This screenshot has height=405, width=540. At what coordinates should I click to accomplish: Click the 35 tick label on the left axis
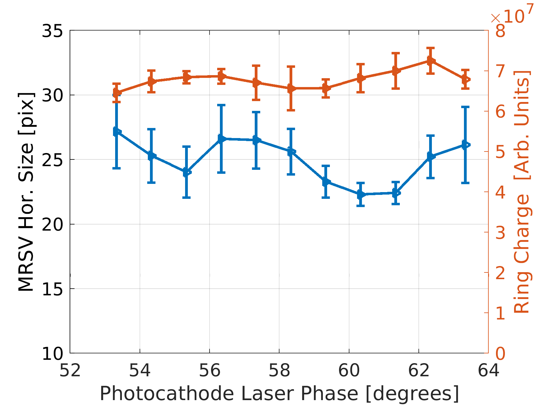(x=52, y=31)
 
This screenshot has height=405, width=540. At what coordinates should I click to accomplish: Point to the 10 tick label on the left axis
(x=52, y=354)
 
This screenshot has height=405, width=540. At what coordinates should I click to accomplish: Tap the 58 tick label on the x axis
(x=279, y=370)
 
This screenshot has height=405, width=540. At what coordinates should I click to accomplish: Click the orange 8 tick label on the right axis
(x=500, y=31)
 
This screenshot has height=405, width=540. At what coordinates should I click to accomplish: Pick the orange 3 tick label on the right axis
(x=500, y=233)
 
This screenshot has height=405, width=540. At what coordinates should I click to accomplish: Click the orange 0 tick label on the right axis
(x=500, y=354)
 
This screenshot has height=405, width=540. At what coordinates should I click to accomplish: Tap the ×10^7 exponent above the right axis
(x=512, y=15)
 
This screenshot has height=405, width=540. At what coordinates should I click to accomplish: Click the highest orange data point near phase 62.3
(x=430, y=61)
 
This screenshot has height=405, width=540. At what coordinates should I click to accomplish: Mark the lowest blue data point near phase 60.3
(x=361, y=194)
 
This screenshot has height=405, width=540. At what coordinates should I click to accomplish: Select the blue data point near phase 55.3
(x=187, y=172)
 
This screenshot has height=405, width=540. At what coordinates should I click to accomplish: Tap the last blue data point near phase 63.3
(x=465, y=145)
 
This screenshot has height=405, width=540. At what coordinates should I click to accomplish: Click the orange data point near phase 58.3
(x=291, y=88)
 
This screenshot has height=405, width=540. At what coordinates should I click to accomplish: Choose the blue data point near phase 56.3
(x=221, y=139)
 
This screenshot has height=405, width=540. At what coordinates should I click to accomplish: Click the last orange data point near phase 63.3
(x=465, y=79)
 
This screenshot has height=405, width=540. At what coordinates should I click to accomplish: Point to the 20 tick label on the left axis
(x=52, y=224)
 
